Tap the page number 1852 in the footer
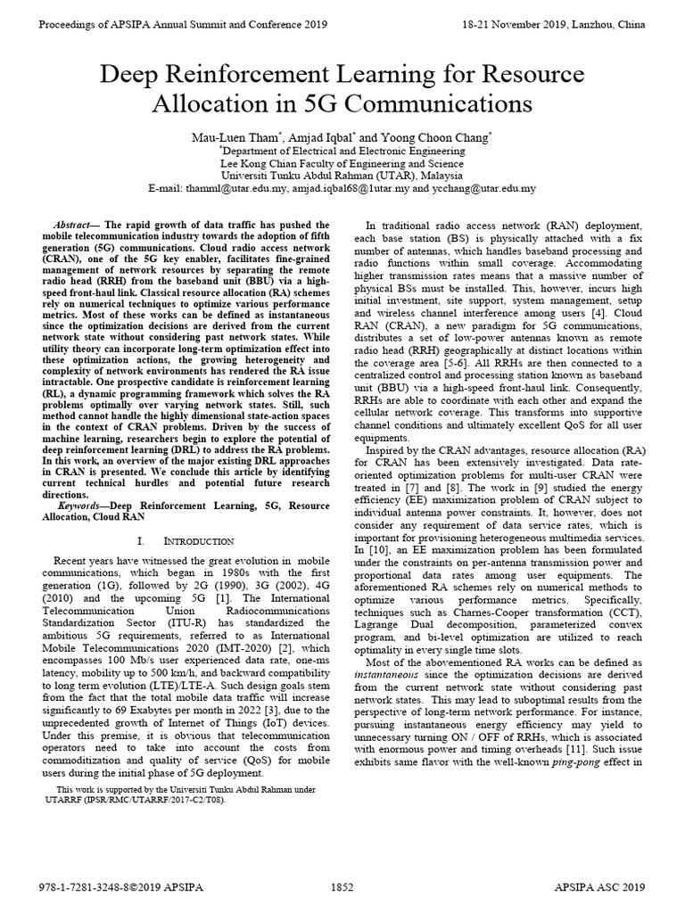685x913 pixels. [343, 888]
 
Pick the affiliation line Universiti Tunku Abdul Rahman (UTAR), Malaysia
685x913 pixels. [342, 177]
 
